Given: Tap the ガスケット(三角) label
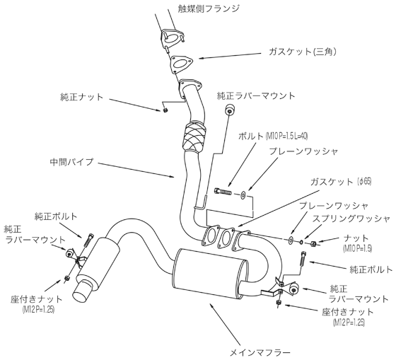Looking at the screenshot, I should tap(305, 52).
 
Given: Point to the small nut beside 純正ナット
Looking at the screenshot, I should tap(164, 109).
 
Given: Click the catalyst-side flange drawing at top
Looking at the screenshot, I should tap(170, 37).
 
